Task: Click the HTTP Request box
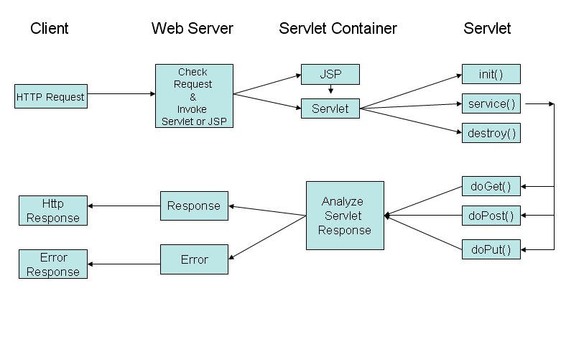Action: point(51,96)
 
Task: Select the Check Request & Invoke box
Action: point(194,96)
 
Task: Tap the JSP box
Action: point(330,74)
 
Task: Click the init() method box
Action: point(491,74)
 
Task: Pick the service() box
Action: point(491,103)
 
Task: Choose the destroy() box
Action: point(491,133)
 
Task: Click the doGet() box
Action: point(491,187)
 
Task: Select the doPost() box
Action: point(491,215)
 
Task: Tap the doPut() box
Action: point(491,249)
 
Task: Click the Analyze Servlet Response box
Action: point(345,216)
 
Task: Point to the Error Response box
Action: point(53,264)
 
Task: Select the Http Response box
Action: point(53,211)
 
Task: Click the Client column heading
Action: point(50,29)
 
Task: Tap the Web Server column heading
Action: point(192,29)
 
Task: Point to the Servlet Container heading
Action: point(338,29)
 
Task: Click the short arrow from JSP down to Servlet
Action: point(330,91)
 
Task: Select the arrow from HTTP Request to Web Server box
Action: point(121,93)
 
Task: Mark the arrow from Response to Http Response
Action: point(124,206)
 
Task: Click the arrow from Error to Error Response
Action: point(124,264)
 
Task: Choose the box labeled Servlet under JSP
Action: point(330,109)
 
